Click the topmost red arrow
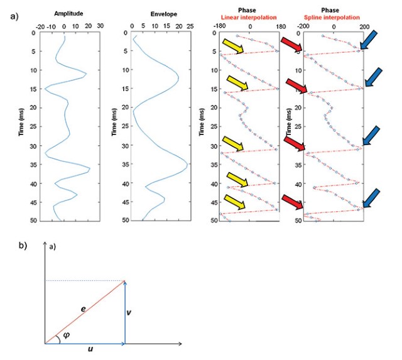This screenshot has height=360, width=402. pos(291,45)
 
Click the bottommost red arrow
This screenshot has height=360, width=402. pos(292,203)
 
